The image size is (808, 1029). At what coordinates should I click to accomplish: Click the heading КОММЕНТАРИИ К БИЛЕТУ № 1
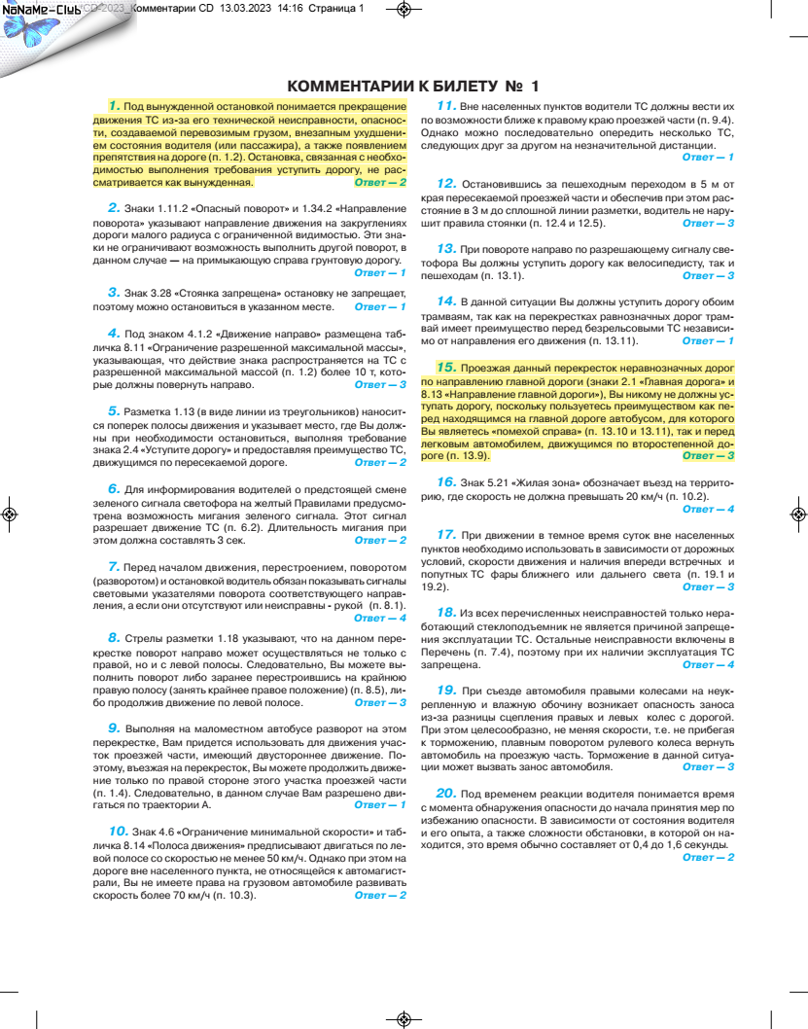click(x=413, y=86)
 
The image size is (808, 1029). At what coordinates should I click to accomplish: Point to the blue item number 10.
click(x=118, y=830)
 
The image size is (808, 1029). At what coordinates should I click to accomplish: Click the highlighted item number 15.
click(x=446, y=367)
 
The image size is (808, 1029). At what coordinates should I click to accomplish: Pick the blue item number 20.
click(x=446, y=793)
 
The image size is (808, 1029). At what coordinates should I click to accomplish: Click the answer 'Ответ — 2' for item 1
click(x=381, y=181)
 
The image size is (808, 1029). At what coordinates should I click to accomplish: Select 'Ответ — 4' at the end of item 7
click(x=381, y=618)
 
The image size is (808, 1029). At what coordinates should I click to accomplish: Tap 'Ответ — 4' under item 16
click(x=709, y=509)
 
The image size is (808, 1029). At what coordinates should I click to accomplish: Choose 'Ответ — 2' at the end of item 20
click(x=709, y=857)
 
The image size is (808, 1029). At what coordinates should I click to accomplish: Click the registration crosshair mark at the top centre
click(x=404, y=9)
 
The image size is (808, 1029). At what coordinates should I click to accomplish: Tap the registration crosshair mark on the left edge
click(x=9, y=514)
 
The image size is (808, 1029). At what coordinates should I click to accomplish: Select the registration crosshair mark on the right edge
click(x=799, y=514)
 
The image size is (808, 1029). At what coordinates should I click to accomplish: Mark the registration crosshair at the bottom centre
click(x=404, y=1018)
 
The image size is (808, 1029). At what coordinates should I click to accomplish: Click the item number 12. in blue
click(x=446, y=182)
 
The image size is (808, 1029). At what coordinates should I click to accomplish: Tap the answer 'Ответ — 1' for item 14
click(x=709, y=340)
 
